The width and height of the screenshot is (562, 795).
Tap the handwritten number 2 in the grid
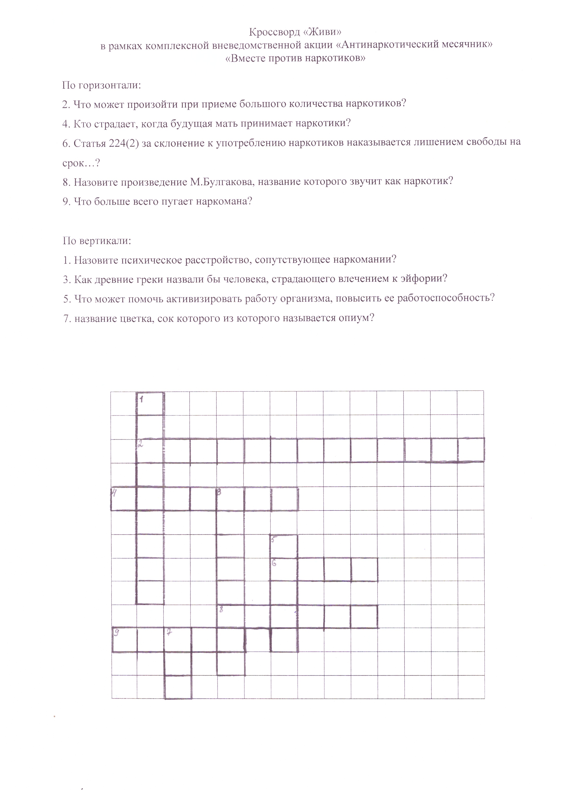tap(140, 445)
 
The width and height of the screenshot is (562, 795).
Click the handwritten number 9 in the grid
tap(117, 633)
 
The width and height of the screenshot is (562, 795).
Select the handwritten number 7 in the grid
tap(169, 632)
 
